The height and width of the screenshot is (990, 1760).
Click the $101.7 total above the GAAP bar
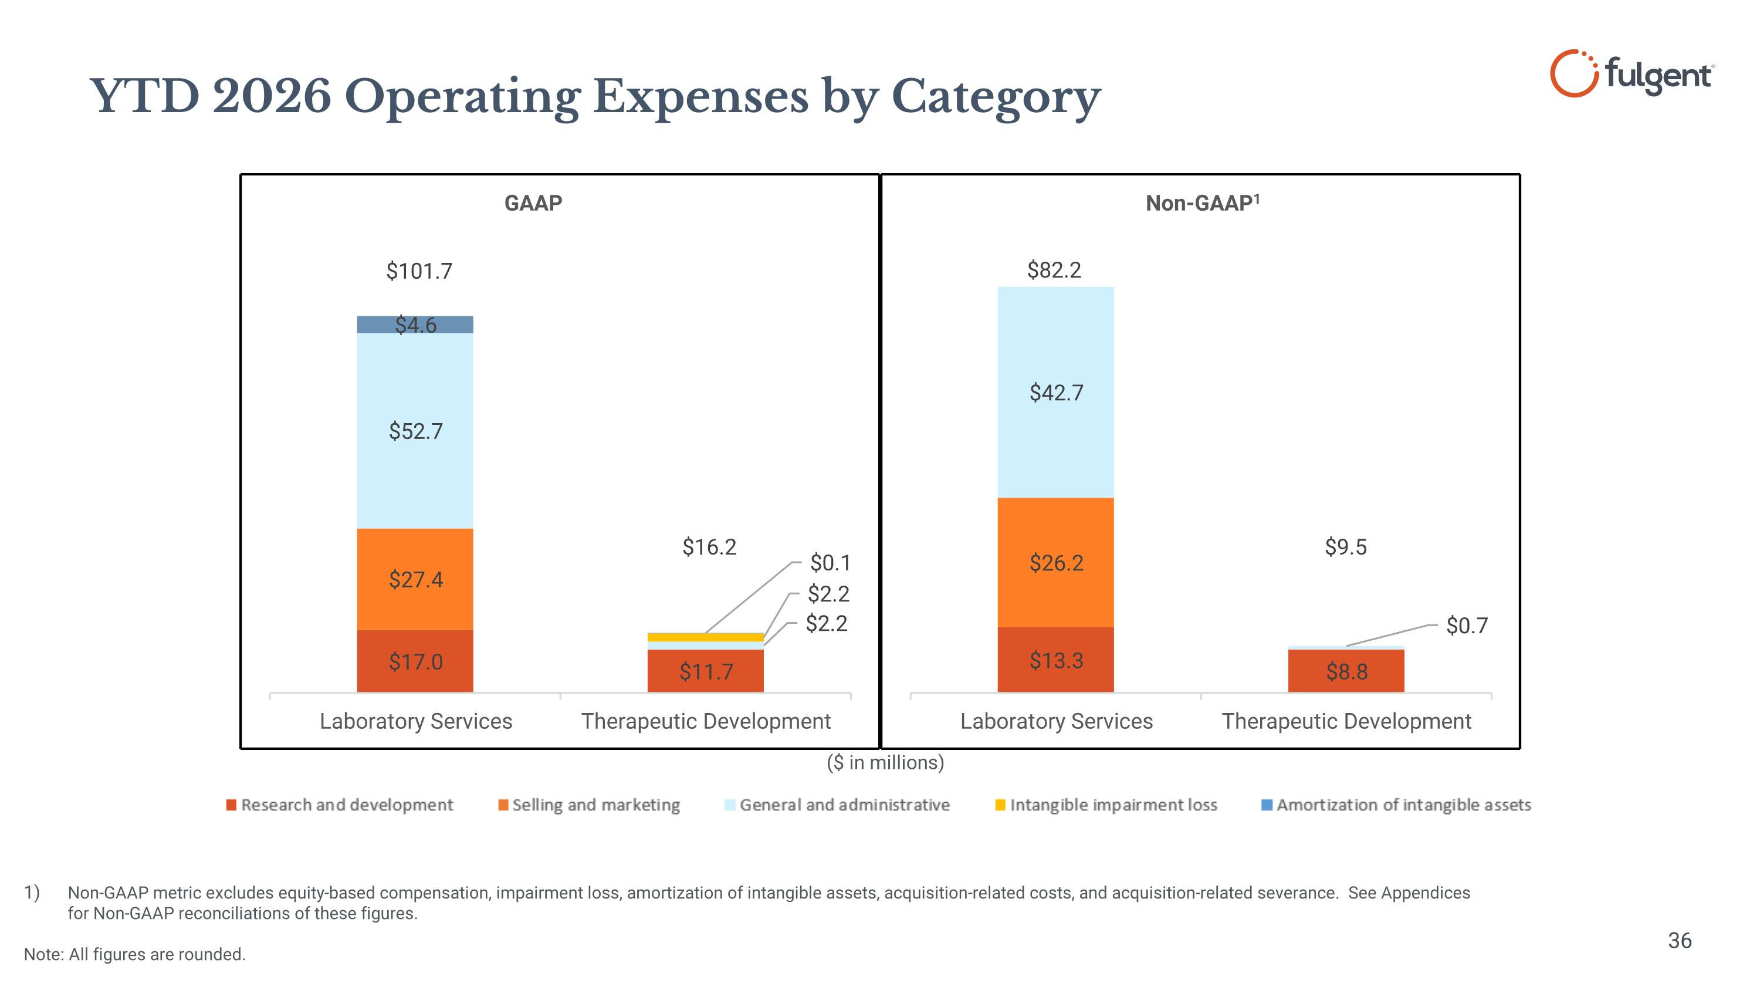[x=419, y=271]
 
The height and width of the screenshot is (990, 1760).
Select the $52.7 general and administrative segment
[x=415, y=430]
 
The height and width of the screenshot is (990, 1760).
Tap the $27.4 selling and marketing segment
[x=415, y=579]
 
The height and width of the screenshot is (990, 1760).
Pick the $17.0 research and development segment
[x=415, y=661]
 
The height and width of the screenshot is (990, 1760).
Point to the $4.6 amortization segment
[x=415, y=325]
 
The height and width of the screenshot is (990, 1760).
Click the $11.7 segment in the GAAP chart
[x=706, y=671]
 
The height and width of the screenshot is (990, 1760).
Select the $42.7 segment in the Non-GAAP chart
[x=1055, y=392]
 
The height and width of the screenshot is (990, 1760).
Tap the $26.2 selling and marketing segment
[x=1055, y=562]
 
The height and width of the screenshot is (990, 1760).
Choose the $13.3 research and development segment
[x=1055, y=660]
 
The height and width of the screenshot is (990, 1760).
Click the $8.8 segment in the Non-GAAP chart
[x=1346, y=671]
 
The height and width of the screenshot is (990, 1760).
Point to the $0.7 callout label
[x=1467, y=625]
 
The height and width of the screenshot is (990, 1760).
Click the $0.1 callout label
[x=830, y=563]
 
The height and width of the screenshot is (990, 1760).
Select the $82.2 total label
[x=1054, y=270]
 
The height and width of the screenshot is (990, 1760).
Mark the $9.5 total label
[x=1346, y=546]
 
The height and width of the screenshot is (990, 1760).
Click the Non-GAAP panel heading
[x=1203, y=203]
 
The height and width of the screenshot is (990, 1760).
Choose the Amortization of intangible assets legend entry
[x=1396, y=805]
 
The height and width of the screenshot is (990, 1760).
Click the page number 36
[x=1680, y=941]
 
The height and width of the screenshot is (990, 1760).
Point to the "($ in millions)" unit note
[x=885, y=762]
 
